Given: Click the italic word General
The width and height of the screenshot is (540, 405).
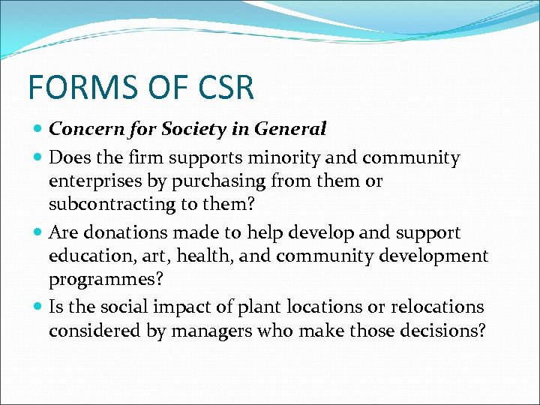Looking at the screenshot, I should [290, 129].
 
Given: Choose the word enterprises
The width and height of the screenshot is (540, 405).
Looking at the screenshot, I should [94, 181].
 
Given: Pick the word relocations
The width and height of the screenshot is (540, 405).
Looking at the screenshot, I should [439, 307].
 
